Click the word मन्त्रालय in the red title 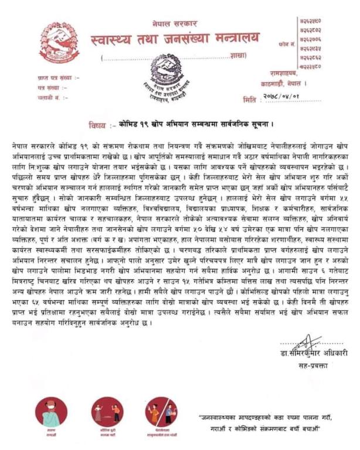tap(229, 40)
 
